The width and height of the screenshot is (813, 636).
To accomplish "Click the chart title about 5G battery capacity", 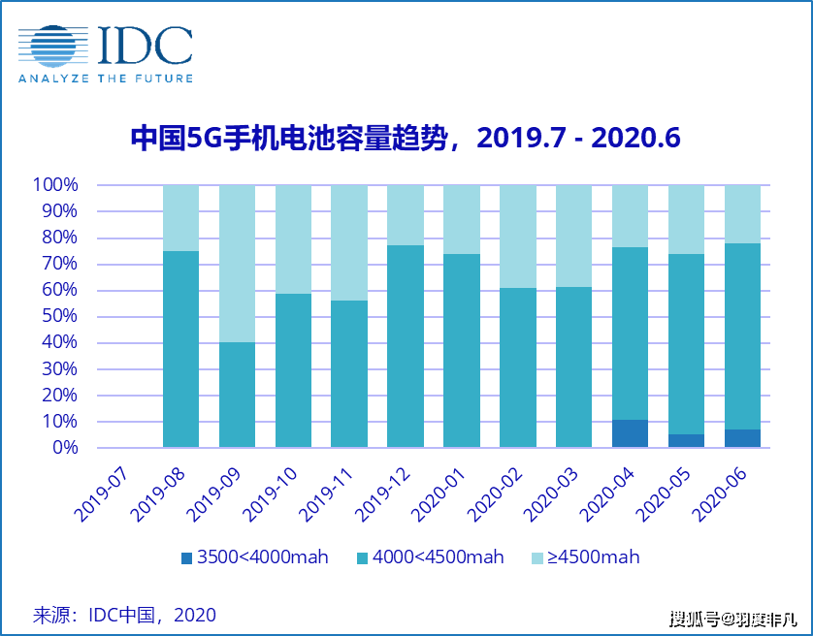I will (406, 139).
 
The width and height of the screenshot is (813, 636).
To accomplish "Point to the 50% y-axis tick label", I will (59, 316).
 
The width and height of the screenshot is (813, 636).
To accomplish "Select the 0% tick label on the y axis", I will (64, 448).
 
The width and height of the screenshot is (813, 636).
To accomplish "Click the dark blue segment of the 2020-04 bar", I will (630, 433).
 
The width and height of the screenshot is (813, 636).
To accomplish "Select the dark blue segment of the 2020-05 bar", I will (686, 441).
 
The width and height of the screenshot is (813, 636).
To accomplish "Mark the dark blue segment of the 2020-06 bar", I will (742, 438).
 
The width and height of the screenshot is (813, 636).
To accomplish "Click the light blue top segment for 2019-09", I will (237, 263).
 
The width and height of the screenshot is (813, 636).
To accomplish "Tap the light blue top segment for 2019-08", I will (180, 217).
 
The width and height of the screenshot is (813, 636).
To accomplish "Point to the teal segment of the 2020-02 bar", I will (518, 367).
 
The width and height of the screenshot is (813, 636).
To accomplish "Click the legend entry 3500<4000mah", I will (254, 557).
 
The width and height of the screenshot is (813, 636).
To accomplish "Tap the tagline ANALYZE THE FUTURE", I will (105, 79).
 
